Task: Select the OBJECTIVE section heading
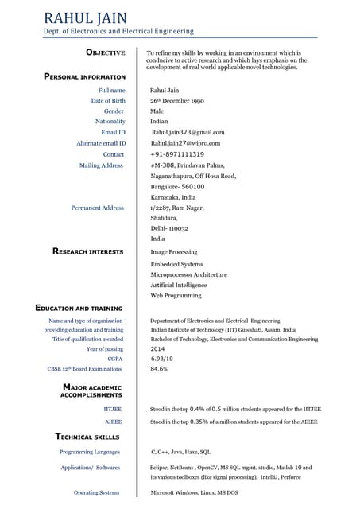(105, 52)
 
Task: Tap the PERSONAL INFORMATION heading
(84, 76)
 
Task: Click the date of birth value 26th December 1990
(177, 101)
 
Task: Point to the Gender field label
(114, 111)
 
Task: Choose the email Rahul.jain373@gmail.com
(188, 132)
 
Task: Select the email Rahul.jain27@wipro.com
(185, 143)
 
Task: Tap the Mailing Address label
(101, 165)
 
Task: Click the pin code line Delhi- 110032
(169, 227)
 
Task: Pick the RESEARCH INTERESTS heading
(87, 251)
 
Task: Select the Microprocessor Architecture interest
(188, 274)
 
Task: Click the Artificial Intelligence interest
(178, 285)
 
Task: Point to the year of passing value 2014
(158, 349)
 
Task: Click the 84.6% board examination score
(159, 369)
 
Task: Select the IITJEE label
(114, 408)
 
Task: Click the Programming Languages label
(90, 451)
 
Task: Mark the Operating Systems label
(96, 492)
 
